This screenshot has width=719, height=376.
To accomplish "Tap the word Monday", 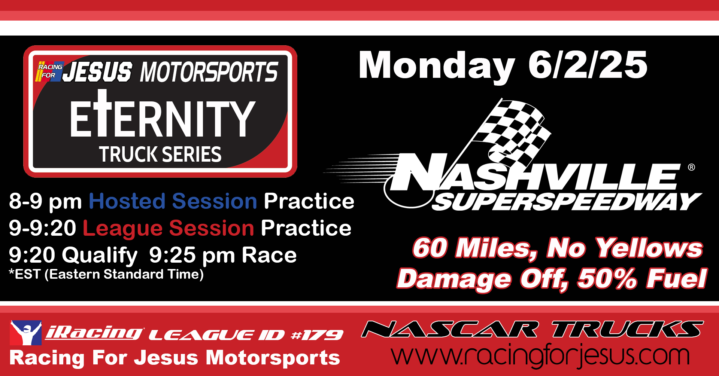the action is click(437, 67).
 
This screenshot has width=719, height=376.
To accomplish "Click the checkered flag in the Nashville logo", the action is click(511, 129).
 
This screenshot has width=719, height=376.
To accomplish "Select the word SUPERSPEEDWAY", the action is click(567, 202).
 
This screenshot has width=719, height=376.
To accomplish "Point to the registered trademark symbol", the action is click(691, 167).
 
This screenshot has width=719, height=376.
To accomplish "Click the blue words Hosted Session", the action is click(173, 201).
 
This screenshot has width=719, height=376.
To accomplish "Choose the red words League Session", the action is click(169, 228).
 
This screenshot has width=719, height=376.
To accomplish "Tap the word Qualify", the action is click(100, 256).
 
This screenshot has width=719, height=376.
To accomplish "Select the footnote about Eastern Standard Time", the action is click(106, 274).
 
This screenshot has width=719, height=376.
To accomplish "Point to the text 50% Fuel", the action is click(642, 279).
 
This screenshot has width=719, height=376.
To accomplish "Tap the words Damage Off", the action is click(482, 279).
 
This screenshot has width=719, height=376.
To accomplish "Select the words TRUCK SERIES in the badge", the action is click(160, 154).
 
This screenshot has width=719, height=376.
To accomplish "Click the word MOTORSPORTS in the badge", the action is click(209, 72).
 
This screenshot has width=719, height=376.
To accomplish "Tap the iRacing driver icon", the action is click(26, 333).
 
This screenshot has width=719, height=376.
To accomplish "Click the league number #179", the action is click(317, 335).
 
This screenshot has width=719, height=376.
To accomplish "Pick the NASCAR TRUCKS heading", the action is click(533, 329).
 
